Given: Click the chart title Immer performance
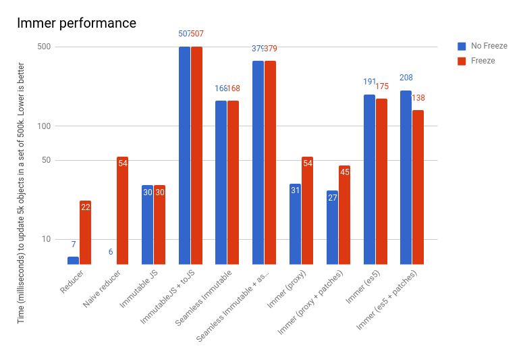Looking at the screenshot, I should tap(76, 23).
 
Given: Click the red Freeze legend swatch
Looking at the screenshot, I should tap(462, 61).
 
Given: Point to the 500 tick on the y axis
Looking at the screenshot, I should tap(45, 47).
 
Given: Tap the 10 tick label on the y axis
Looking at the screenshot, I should tap(47, 239).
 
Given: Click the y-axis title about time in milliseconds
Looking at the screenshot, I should tap(21, 192).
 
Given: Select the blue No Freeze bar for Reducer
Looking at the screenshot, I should tap(73, 260).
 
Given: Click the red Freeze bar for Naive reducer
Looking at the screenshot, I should tap(122, 211).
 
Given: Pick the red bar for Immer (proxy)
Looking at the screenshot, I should tap(307, 211).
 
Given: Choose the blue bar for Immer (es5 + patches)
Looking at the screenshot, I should tap(406, 177).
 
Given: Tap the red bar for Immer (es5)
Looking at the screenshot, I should tap(381, 181).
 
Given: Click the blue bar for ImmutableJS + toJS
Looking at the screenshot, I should tap(184, 155).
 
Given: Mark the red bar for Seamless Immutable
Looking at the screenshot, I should tap(233, 182).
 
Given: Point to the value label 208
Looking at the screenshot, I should tap(406, 78).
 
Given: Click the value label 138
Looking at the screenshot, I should tap(418, 98).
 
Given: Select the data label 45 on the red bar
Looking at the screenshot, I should tap(344, 172).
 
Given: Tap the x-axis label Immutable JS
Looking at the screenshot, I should tap(140, 289).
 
